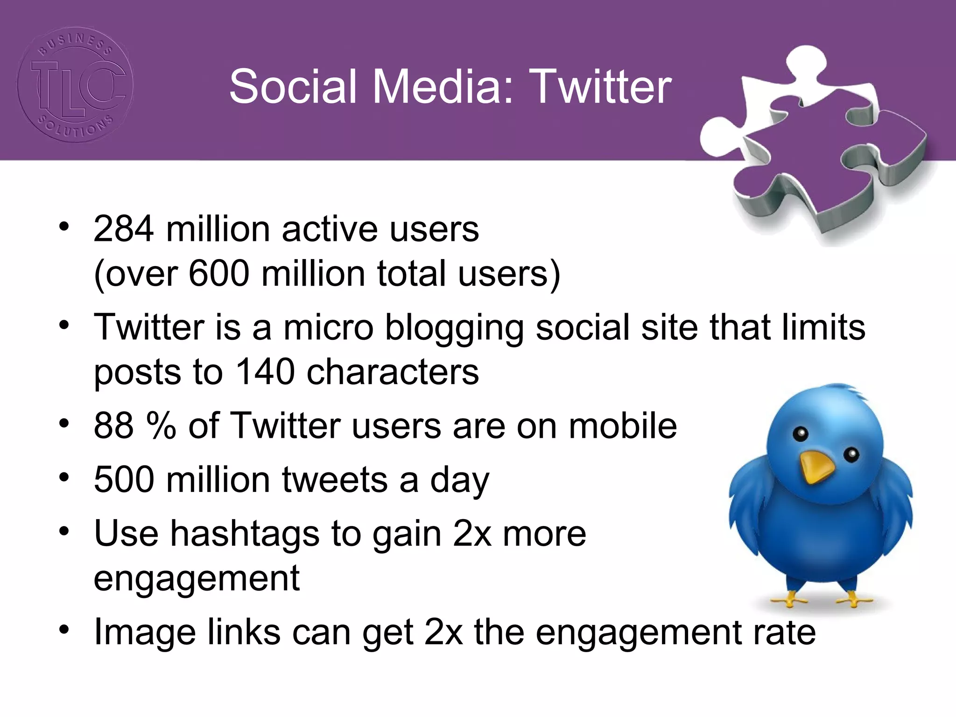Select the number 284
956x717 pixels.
[123, 229]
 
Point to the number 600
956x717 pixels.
[219, 274]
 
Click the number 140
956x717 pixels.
[265, 372]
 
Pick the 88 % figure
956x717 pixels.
[134, 426]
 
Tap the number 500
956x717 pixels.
[124, 479]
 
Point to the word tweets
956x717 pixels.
[335, 479]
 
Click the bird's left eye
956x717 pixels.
[801, 434]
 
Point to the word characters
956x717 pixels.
[393, 372]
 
